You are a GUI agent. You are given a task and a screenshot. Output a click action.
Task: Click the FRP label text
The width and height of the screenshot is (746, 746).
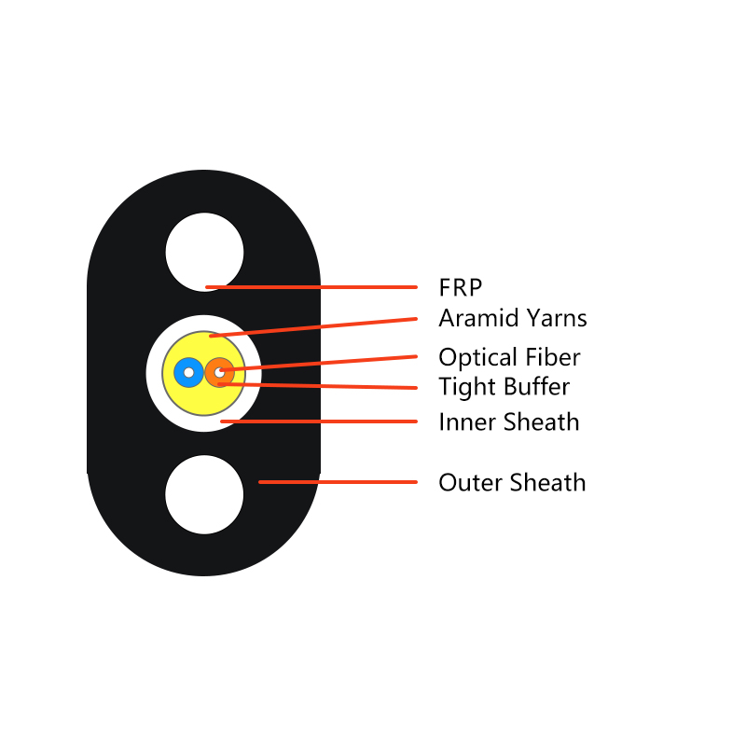click(x=460, y=287)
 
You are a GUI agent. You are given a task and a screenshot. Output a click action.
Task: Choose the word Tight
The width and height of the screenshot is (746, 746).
click(x=468, y=387)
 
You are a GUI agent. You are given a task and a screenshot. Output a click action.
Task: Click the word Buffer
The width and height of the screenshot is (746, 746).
click(x=537, y=386)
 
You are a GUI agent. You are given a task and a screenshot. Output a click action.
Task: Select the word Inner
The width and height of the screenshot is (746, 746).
click(x=467, y=422)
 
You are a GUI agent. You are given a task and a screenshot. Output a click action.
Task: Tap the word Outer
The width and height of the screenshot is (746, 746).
click(x=471, y=482)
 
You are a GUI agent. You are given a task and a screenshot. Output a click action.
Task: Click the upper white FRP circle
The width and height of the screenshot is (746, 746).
click(x=204, y=252)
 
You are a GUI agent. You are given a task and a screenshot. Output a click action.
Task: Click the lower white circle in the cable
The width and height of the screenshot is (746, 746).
click(x=204, y=495)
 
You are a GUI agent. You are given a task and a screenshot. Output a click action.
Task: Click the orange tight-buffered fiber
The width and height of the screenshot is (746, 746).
click(x=220, y=372)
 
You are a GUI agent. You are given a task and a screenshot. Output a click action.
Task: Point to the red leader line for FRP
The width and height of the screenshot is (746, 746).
click(x=311, y=287)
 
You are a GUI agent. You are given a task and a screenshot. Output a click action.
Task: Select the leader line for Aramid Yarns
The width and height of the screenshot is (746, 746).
click(x=313, y=327)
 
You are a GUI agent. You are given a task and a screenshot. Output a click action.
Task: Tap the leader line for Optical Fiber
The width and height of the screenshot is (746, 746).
click(x=319, y=363)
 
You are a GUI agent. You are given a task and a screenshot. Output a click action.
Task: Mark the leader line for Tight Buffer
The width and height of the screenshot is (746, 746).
click(x=317, y=386)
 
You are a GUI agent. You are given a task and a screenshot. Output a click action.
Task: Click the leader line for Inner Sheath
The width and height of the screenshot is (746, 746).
click(x=319, y=421)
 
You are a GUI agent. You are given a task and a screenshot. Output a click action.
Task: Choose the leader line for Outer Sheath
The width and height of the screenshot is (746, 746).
click(x=338, y=482)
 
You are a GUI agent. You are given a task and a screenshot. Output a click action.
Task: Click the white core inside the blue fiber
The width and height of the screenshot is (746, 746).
click(x=189, y=372)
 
